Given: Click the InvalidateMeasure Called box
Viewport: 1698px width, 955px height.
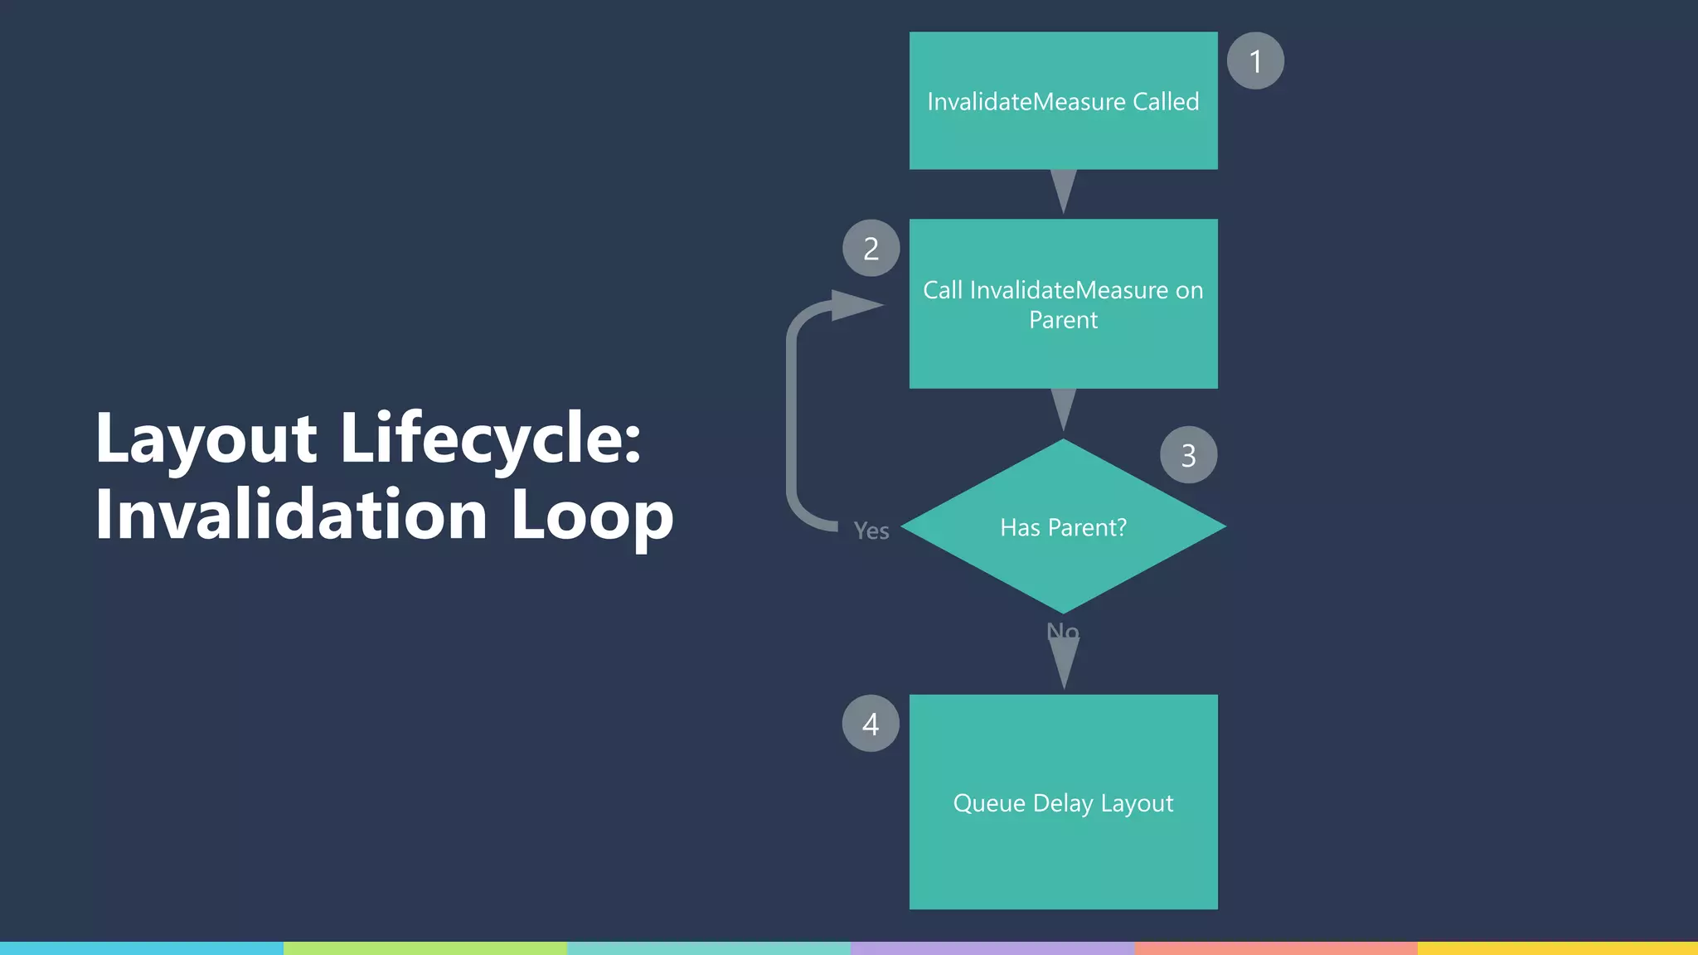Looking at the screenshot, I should click(1063, 101).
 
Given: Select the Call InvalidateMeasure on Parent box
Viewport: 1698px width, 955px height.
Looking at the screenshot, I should click(1063, 304).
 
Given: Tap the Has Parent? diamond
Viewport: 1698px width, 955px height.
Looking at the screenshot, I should click(1063, 526).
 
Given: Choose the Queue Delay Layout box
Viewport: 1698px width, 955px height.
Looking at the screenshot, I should click(1063, 802).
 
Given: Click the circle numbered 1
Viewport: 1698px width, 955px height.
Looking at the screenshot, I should click(1255, 61).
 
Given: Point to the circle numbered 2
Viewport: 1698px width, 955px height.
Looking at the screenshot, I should click(871, 248).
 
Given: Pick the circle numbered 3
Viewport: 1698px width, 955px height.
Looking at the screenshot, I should click(1188, 455).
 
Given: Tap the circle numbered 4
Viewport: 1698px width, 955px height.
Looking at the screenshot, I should click(871, 724).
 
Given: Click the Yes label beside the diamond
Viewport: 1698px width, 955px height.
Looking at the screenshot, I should click(871, 531).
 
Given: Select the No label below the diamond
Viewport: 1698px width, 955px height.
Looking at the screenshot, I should click(1063, 632).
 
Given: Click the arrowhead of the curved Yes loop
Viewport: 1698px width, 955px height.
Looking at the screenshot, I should click(856, 305).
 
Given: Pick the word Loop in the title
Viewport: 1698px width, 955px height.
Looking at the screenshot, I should click(591, 516).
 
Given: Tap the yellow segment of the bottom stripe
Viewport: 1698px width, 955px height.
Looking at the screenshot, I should click(1557, 948).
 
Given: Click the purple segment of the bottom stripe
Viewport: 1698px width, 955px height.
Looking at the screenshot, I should click(992, 948).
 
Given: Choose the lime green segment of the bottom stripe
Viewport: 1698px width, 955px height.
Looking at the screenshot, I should click(424, 948).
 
